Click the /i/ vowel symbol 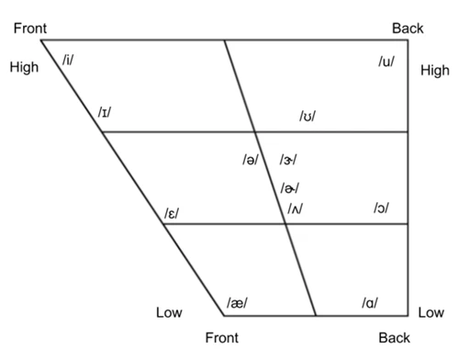pos(68,60)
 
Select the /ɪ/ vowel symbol pos(105,112)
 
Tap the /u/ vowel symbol pos(386,62)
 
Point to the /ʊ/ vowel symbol pos(308,116)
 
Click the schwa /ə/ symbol pos(251,160)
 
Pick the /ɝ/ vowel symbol pos(287,160)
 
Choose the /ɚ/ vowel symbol pos(289,188)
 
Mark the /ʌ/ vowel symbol pos(296,208)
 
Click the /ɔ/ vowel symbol pos(381,208)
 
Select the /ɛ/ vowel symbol pos(172,213)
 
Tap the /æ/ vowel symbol pos(237,303)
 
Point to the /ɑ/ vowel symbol pos(370,303)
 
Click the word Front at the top pos(30,28)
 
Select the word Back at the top pos(408,28)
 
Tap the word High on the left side pos(24,67)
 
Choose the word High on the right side pos(435,71)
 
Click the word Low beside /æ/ pos(169,312)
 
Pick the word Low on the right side pos(431,312)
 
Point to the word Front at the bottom pos(222,338)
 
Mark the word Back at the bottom pos(394,338)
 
